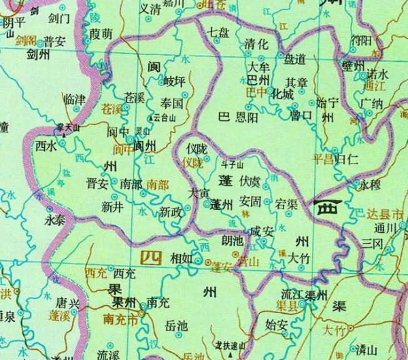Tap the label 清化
(x=256, y=45)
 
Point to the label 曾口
(x=300, y=115)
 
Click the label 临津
(x=73, y=99)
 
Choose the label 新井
(x=112, y=206)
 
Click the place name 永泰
(x=56, y=221)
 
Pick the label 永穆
(x=371, y=184)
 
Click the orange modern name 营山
(x=248, y=262)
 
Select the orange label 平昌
(x=324, y=160)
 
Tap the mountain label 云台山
(x=166, y=117)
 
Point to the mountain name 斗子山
(x=233, y=164)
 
